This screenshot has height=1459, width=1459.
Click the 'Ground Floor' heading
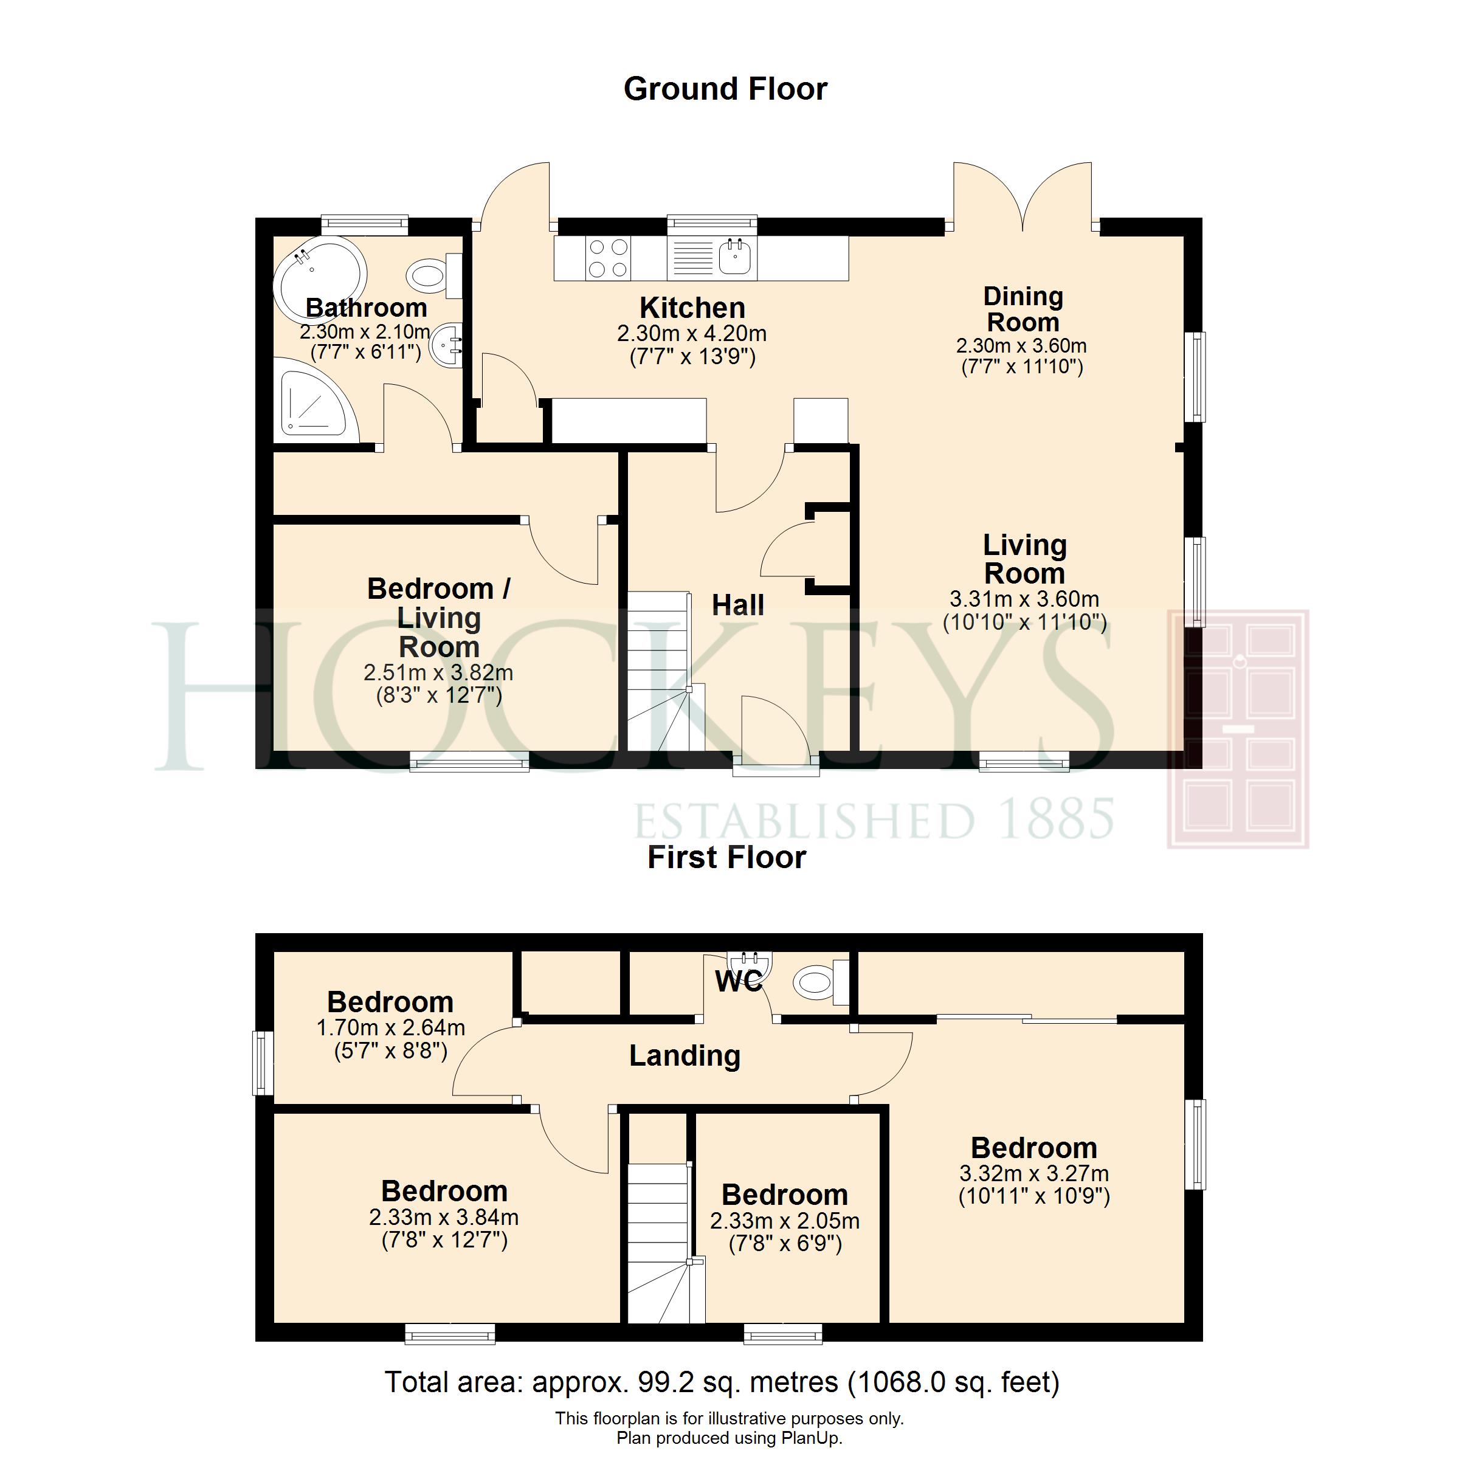(725, 89)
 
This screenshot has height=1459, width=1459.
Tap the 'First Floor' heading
(726, 858)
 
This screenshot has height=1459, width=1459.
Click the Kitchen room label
(692, 308)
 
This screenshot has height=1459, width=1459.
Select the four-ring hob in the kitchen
(609, 258)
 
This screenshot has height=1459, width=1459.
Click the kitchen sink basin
(734, 257)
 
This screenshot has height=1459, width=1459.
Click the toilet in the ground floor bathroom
(434, 275)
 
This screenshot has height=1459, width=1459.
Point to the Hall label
(738, 605)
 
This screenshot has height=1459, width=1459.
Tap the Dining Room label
(1023, 309)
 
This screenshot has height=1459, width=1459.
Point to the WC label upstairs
(739, 981)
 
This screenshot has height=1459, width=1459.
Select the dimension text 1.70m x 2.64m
(390, 1028)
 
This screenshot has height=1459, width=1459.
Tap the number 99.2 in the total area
(665, 1382)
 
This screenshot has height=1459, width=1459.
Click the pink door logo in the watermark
(1238, 729)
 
